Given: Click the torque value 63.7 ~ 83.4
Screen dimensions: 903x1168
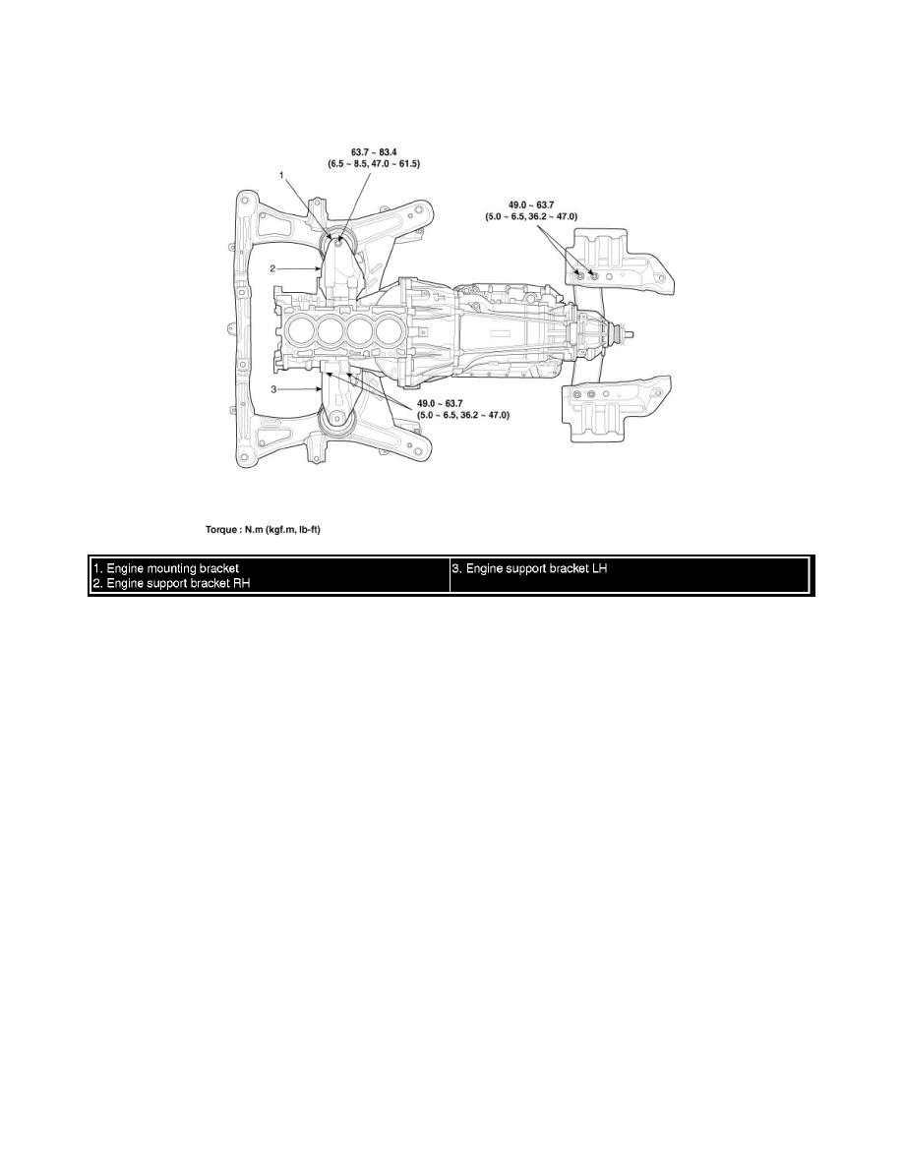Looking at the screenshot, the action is coord(367,150).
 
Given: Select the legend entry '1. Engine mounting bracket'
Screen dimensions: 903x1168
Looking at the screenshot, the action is coord(166,569).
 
